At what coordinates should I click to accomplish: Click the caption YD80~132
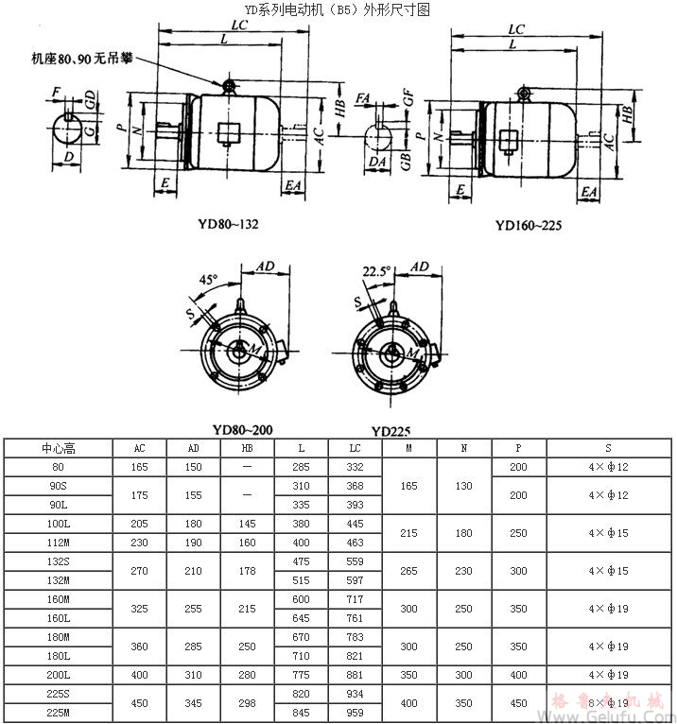tap(228, 224)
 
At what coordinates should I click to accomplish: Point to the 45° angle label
tap(207, 280)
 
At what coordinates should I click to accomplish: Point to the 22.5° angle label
tap(375, 270)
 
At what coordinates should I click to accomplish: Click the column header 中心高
tap(60, 449)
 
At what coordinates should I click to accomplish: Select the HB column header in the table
tap(248, 449)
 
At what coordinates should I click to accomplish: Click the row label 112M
tap(60, 543)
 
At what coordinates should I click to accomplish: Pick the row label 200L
tap(60, 675)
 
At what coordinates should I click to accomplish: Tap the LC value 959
tap(355, 713)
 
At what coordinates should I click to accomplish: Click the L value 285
tap(302, 468)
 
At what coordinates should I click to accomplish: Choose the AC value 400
tap(139, 675)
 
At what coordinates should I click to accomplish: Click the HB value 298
tap(248, 703)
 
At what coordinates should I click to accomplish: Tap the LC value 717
tap(355, 599)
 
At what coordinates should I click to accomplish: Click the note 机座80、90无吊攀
tap(81, 59)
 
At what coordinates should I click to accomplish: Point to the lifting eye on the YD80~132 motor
tap(229, 87)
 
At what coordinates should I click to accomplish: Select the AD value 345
tap(193, 703)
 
